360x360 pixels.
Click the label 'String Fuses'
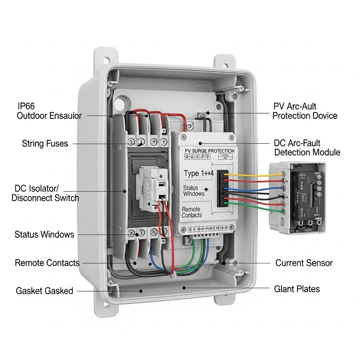[x=45, y=143]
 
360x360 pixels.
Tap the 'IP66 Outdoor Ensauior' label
[x=49, y=111]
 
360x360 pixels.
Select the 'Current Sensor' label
[x=304, y=263]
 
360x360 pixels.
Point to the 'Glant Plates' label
[x=297, y=289]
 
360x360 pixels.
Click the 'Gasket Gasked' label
[x=44, y=291]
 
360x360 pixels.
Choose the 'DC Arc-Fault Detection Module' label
[x=307, y=148]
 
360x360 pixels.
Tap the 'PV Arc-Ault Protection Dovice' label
[x=305, y=111]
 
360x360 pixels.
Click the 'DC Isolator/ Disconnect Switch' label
[x=45, y=193]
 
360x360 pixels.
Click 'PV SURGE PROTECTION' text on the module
[x=210, y=151]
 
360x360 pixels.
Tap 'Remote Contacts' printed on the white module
[x=192, y=212]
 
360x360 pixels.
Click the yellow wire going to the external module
[x=253, y=174]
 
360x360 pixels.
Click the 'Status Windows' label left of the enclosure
[x=44, y=234]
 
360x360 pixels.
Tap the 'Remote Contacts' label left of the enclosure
[x=47, y=263]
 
